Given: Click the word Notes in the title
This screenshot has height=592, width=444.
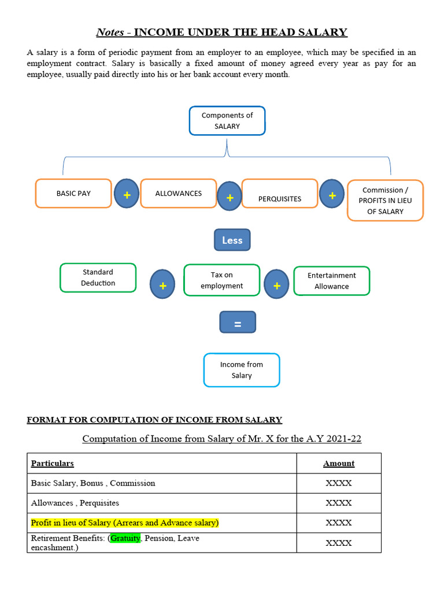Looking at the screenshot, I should point(110,32).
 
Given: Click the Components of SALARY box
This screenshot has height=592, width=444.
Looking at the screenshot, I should point(227,121).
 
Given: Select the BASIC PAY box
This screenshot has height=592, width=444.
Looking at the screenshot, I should point(73,193).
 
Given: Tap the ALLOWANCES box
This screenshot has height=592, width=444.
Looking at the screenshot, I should point(178,193).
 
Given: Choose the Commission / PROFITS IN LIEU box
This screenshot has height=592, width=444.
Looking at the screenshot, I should point(385,200).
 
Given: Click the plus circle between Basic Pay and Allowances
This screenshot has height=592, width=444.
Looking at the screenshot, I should point(127,195).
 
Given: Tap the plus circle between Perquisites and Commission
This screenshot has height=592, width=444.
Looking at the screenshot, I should point(332,195).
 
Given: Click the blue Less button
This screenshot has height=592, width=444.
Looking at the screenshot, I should point(232,240).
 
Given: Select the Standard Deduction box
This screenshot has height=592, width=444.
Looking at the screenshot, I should point(98,277).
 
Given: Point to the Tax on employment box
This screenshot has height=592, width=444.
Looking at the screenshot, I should point(222,280).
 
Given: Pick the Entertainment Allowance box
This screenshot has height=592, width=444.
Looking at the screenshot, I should point(332,281).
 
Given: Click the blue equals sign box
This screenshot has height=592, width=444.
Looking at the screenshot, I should point(237,323).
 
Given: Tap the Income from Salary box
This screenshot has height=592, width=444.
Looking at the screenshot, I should point(242,370).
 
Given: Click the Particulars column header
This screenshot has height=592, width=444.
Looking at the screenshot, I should point(53,464).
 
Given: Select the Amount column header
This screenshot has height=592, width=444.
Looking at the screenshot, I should point(338,464).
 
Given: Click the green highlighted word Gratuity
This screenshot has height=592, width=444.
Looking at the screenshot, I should point(125,538).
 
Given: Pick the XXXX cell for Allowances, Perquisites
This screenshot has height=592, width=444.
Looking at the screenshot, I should point(338,503).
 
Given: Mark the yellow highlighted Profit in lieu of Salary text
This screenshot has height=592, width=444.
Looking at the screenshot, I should point(125,523).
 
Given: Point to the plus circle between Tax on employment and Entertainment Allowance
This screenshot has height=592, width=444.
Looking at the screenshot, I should point(276,285).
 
